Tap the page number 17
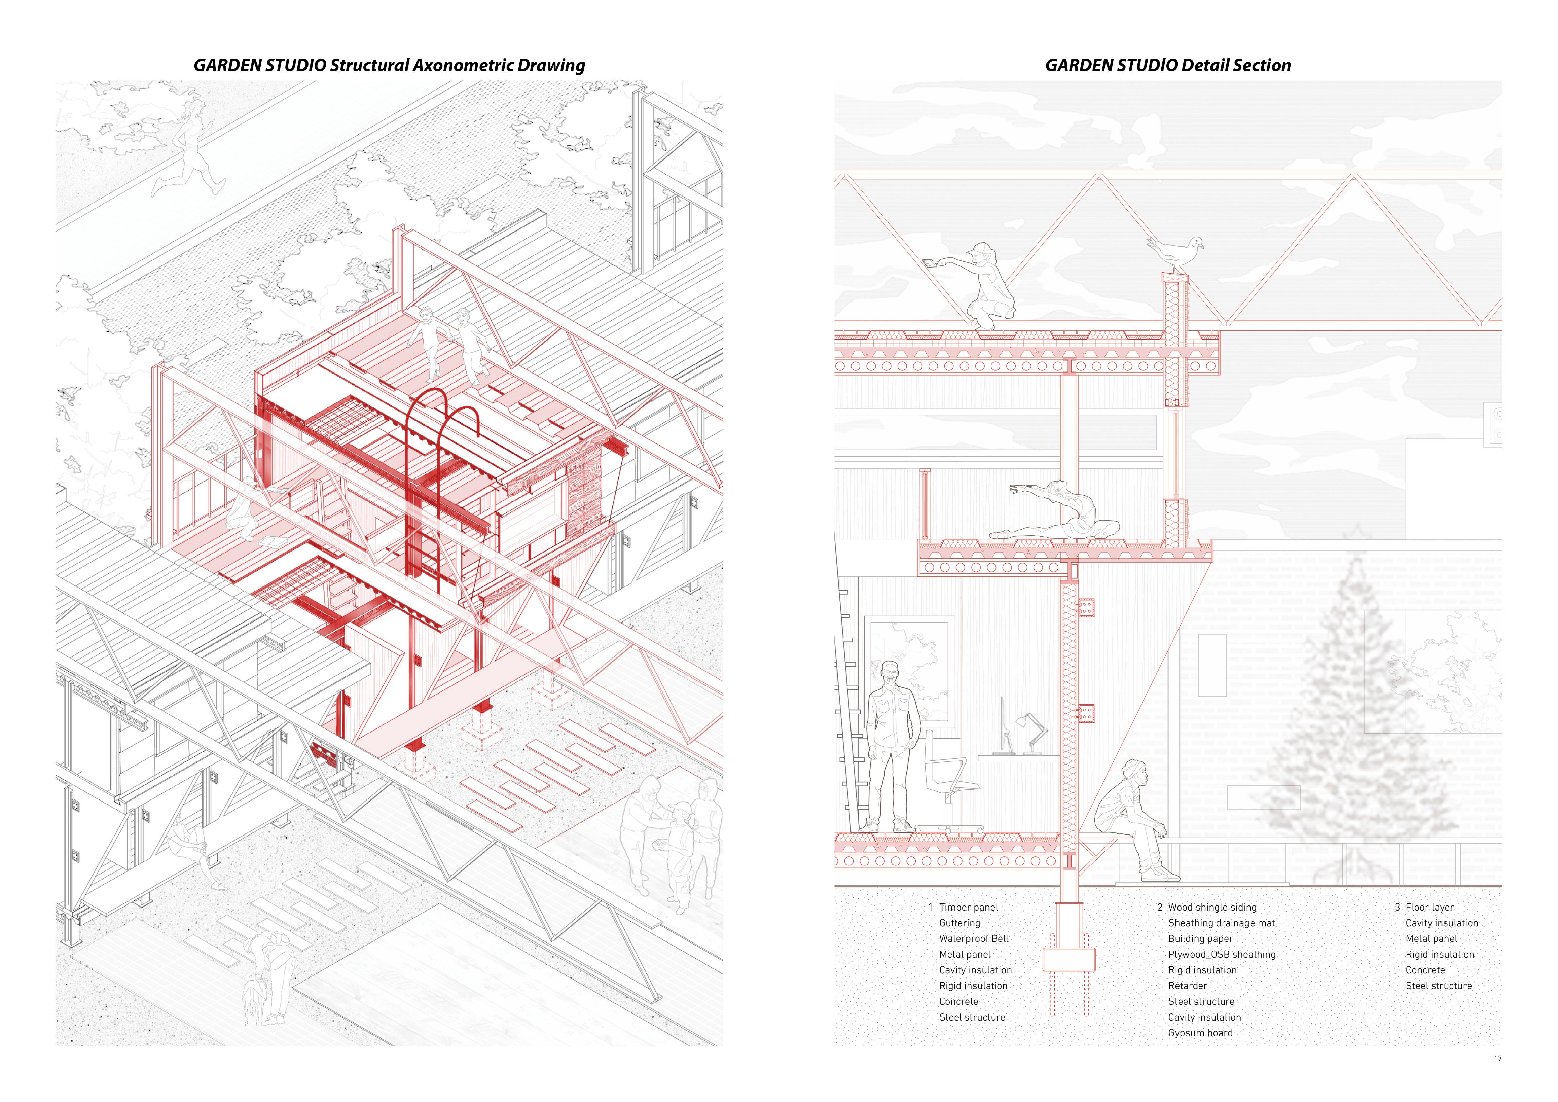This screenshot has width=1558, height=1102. pyautogui.click(x=1497, y=1059)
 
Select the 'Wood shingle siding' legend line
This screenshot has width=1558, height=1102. pyautogui.click(x=1212, y=907)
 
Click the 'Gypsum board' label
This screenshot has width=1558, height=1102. pyautogui.click(x=1200, y=1033)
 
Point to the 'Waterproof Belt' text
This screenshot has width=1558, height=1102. pyautogui.click(x=974, y=938)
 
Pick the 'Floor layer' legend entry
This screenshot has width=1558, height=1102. pyautogui.click(x=1429, y=907)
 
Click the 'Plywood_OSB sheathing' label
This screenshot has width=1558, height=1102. pyautogui.click(x=1222, y=954)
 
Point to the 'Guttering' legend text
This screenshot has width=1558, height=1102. pyautogui.click(x=959, y=923)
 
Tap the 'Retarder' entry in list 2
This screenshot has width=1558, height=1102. pyautogui.click(x=1188, y=985)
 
